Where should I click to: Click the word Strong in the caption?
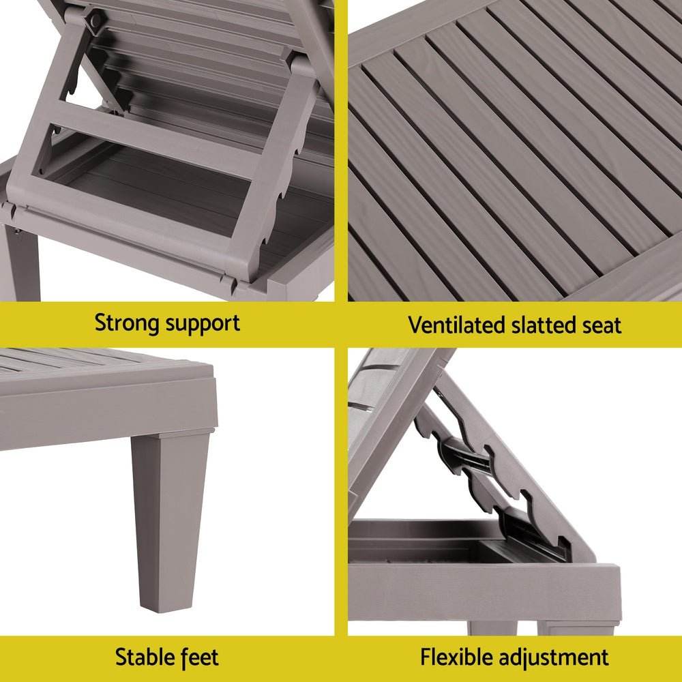[128, 323]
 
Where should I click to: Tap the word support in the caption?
[203, 324]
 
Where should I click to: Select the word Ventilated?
[457, 325]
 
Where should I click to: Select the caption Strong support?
[167, 323]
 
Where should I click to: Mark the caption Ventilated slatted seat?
[515, 325]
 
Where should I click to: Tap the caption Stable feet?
[167, 657]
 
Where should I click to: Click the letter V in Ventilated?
[414, 325]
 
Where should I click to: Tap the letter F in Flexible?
[426, 657]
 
